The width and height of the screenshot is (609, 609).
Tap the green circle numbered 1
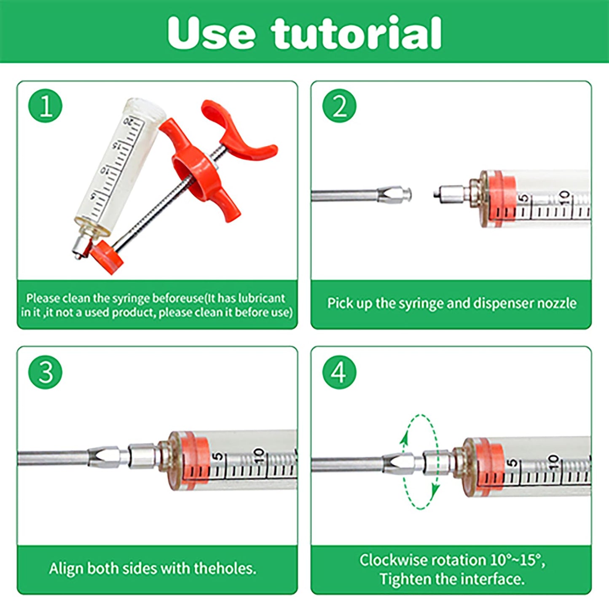point(45,105)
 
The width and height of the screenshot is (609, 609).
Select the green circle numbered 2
point(339,105)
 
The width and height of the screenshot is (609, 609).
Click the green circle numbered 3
point(45,372)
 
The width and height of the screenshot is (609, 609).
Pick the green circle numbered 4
point(339,372)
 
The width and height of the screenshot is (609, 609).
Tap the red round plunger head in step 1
point(107,257)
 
